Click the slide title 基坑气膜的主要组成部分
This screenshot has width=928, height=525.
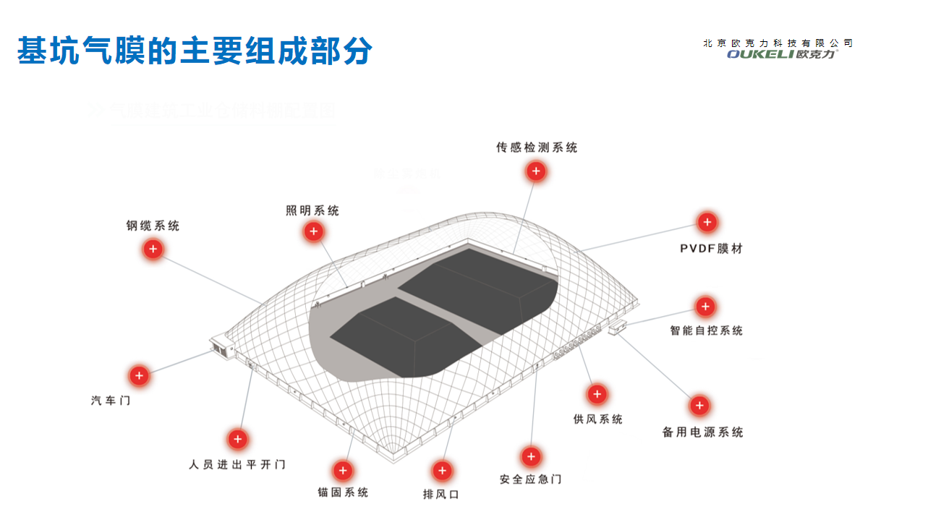coord(195,51)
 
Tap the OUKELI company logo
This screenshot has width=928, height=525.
coord(781,54)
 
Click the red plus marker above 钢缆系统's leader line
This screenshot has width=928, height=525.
coord(153,249)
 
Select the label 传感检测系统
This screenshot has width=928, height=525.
coord(537,148)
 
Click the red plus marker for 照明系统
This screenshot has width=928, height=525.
coord(313,231)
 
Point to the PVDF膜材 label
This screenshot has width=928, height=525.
coord(711,249)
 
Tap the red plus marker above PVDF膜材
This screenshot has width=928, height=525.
coord(707,223)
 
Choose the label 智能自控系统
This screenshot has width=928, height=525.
coord(706,330)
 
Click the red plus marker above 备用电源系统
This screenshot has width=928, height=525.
coord(699,406)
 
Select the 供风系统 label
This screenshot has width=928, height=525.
coord(597,419)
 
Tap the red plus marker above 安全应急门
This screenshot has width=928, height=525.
coord(531,457)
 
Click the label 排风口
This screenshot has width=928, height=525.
coord(441,495)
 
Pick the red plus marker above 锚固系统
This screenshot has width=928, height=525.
coord(343,471)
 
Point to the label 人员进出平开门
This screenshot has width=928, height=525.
coord(237,464)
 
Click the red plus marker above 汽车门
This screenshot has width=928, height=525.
coord(139,376)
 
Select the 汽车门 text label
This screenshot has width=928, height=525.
coord(111,400)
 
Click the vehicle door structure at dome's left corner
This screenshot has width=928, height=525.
coord(221,346)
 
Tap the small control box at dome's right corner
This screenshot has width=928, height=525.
coord(619,329)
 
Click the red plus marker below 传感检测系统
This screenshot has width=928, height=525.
coord(536,171)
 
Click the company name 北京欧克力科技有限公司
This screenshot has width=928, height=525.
coord(778,43)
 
